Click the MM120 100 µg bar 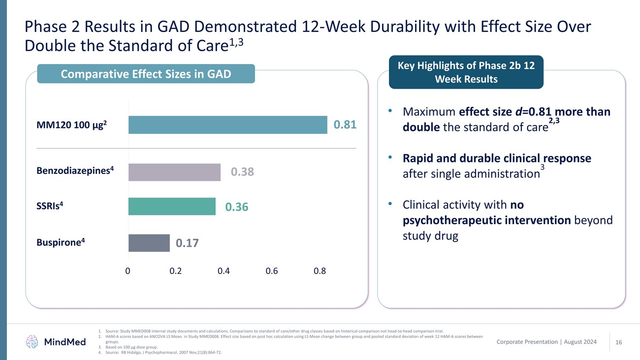(x=227, y=125)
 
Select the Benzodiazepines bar (x=174, y=172)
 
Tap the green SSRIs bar (x=172, y=206)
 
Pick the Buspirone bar (x=149, y=243)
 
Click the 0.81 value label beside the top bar (x=345, y=125)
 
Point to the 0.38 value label (x=243, y=172)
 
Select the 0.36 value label (x=237, y=208)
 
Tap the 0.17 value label (x=188, y=243)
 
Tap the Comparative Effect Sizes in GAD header (x=146, y=74)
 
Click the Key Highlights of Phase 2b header (x=466, y=72)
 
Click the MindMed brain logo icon (x=32, y=341)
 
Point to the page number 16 (x=619, y=341)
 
